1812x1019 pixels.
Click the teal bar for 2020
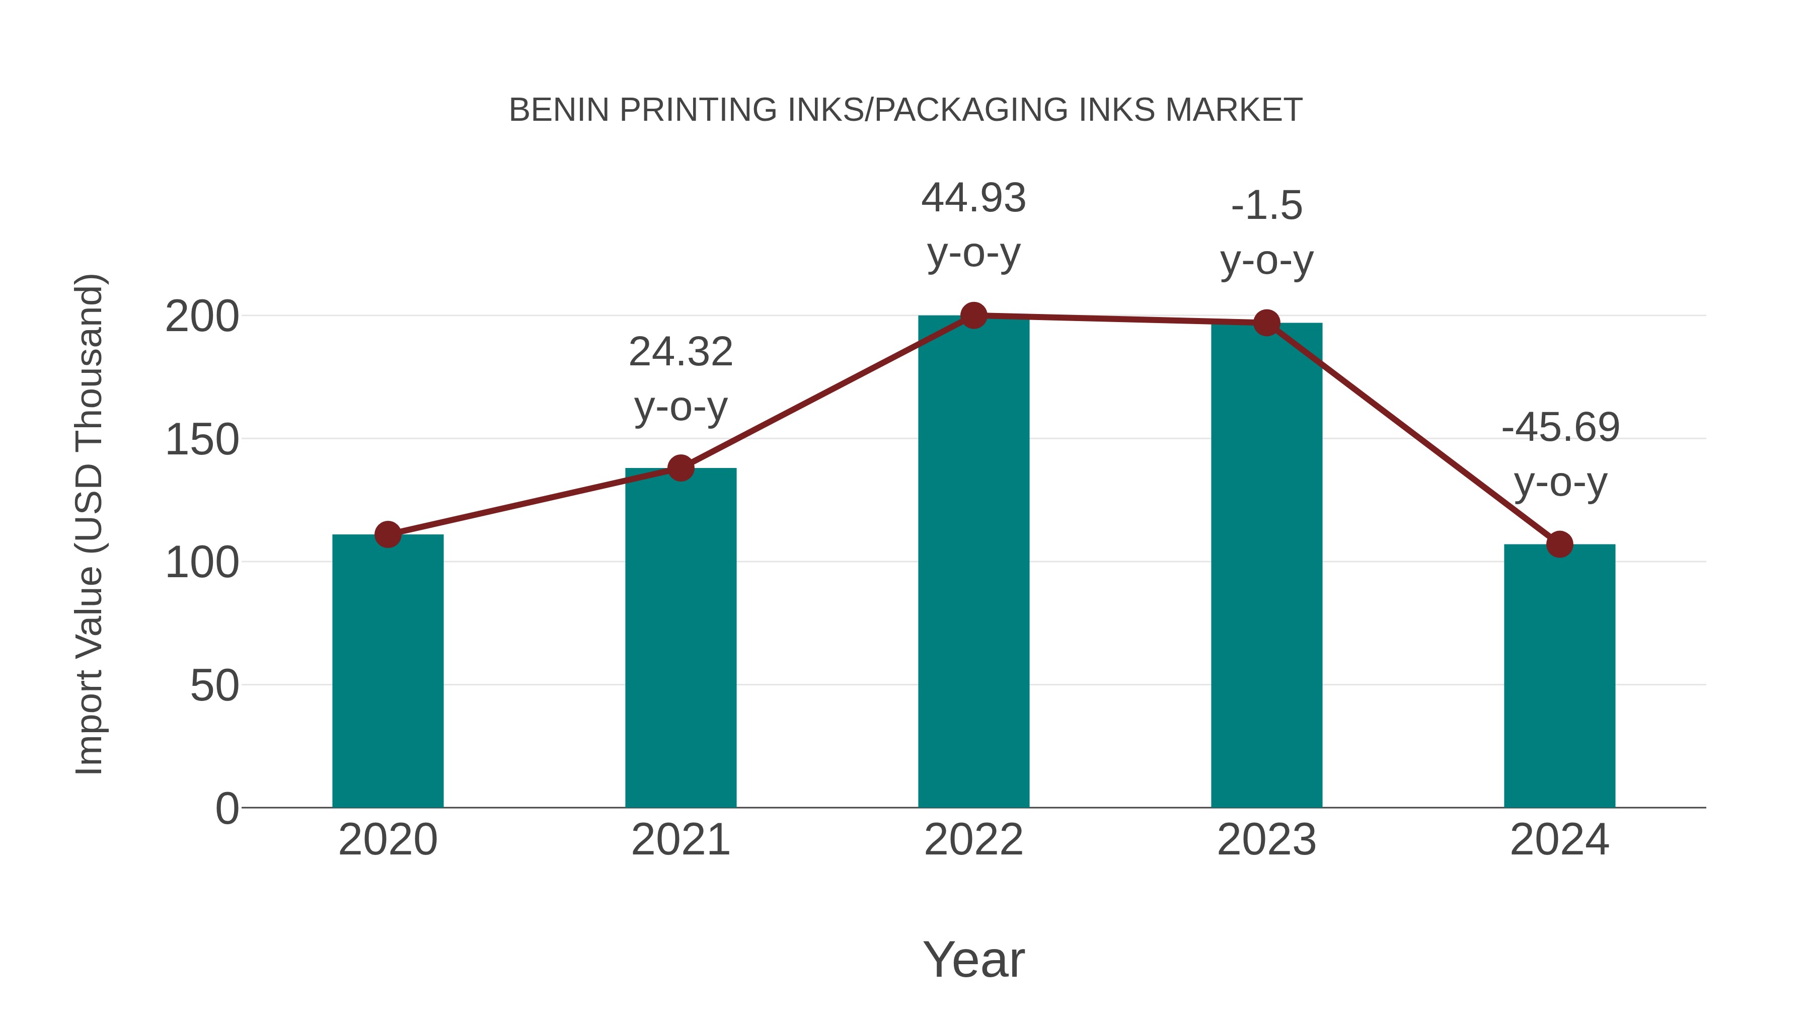point(388,672)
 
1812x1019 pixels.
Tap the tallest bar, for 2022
point(973,563)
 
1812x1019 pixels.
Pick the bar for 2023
point(1266,566)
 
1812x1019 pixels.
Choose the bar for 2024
point(1559,676)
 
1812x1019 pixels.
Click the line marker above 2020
point(388,534)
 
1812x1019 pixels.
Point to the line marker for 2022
point(973,316)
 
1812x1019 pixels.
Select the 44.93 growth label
point(973,224)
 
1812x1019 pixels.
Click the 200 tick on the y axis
point(202,317)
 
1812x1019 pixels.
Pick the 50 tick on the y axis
point(214,686)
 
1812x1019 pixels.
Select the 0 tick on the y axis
point(227,808)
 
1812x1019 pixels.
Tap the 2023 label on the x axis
point(1266,840)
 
